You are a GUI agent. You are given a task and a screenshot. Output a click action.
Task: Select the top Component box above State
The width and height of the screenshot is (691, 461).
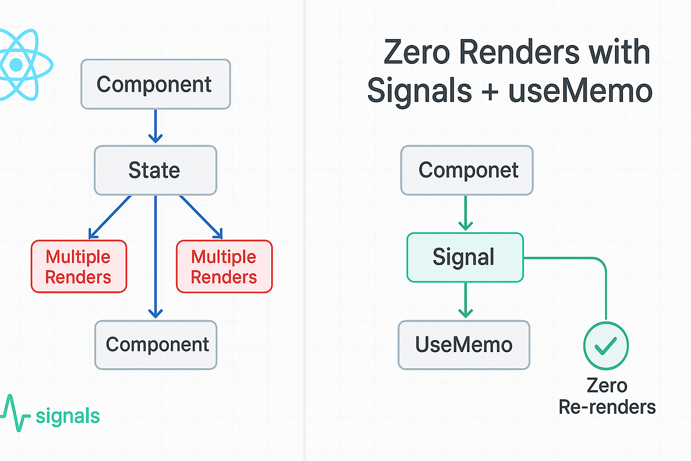tap(155, 84)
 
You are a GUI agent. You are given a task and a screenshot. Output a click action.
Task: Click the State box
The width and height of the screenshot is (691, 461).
tap(155, 170)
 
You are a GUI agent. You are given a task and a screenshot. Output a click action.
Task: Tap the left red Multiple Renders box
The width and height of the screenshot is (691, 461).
tap(78, 266)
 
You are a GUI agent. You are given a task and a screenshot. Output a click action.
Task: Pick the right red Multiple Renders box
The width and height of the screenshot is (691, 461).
tap(224, 266)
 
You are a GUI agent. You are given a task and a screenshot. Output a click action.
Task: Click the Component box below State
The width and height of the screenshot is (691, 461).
tap(156, 345)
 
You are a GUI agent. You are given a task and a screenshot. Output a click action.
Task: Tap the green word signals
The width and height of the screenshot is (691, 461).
tap(67, 415)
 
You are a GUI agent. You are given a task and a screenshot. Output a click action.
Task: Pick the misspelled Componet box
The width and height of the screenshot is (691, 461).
tap(467, 170)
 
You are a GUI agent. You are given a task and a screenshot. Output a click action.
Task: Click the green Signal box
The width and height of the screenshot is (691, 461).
tap(465, 257)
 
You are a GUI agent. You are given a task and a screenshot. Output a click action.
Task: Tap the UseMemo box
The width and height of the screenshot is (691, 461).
tap(464, 345)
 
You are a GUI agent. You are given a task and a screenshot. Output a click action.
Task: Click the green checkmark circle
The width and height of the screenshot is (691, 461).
tap(606, 345)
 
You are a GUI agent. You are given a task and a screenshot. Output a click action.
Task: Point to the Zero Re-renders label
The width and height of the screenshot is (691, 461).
tap(606, 396)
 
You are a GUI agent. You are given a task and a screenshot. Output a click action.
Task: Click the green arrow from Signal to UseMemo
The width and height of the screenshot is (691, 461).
tap(465, 300)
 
